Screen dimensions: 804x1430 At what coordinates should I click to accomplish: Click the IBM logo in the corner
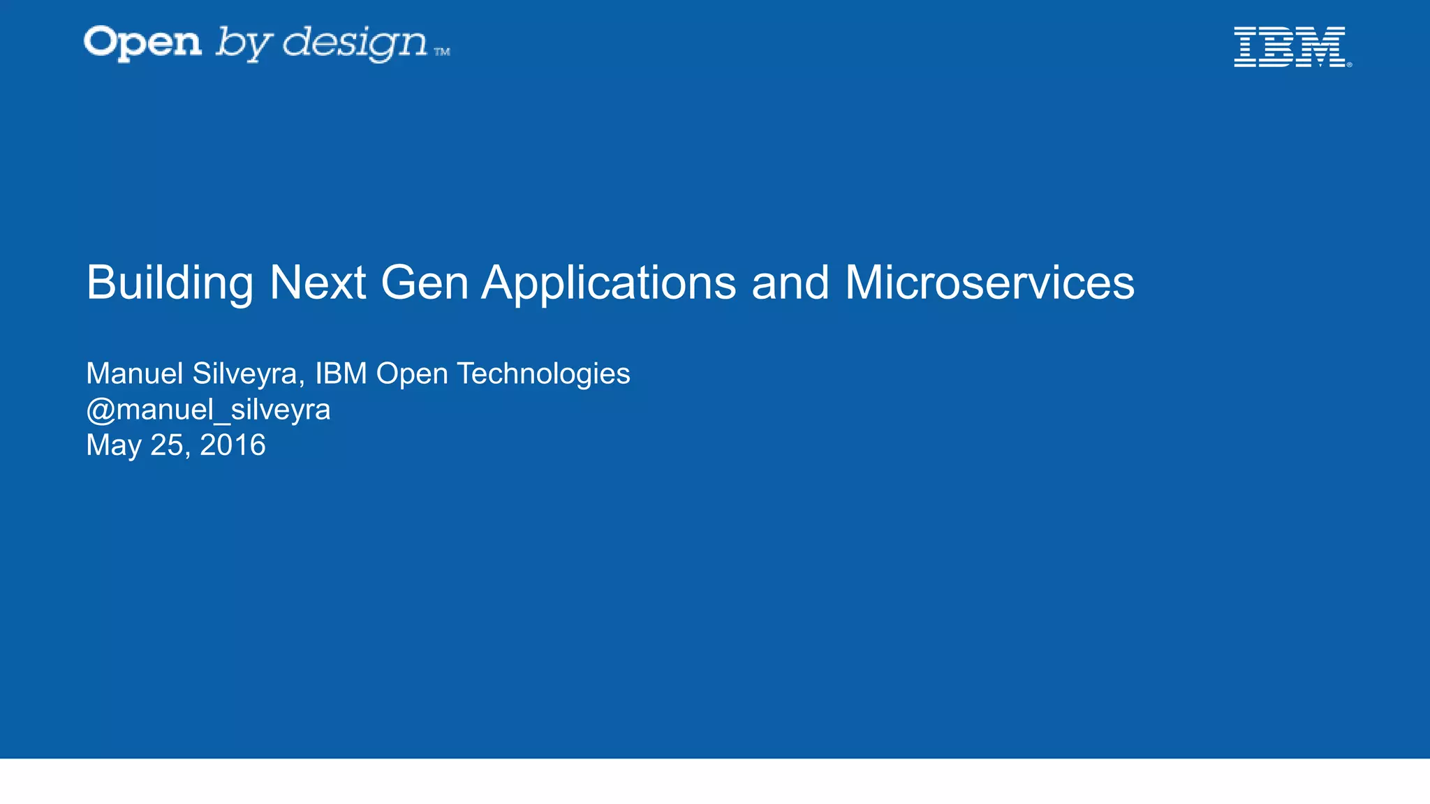(x=1290, y=47)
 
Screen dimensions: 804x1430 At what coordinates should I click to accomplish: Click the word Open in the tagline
(x=143, y=43)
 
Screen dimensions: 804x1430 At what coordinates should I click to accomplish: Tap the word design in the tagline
(x=355, y=43)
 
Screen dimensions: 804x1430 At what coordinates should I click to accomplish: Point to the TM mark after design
(x=442, y=52)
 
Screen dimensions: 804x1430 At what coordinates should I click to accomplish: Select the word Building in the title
(x=170, y=283)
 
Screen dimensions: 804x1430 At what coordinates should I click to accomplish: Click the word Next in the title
(x=318, y=283)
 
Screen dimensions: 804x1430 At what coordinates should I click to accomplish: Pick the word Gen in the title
(x=424, y=283)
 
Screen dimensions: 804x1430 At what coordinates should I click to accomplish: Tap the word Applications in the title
(x=608, y=283)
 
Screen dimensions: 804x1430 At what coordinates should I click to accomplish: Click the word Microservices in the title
(x=989, y=283)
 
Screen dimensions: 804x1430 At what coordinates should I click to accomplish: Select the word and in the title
(x=790, y=283)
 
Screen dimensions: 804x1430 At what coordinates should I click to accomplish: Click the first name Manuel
(x=134, y=374)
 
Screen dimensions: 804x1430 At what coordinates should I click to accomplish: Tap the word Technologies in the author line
(x=543, y=374)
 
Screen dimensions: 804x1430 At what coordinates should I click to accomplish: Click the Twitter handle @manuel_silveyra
(x=208, y=410)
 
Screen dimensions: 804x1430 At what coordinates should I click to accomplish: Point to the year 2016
(x=233, y=445)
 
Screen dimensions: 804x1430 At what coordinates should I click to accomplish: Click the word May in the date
(x=113, y=445)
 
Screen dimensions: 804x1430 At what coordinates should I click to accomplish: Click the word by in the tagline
(x=242, y=44)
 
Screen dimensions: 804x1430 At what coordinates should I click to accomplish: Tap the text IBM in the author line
(x=341, y=374)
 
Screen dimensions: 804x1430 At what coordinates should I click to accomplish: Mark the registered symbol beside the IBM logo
(x=1349, y=65)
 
